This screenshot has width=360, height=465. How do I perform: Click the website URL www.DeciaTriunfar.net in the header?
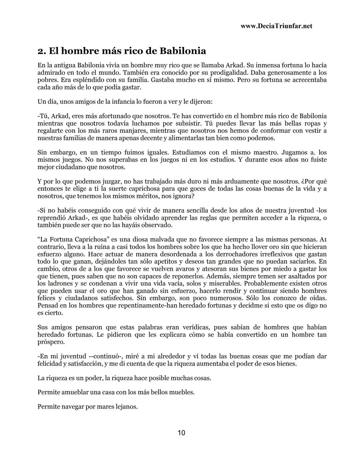tap(276, 26)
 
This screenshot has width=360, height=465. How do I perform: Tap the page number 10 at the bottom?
tap(181, 433)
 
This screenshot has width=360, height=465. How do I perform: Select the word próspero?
tap(50, 342)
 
